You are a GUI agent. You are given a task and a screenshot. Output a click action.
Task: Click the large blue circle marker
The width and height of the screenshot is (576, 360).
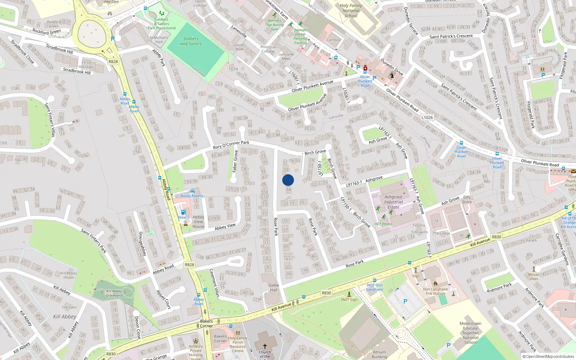pos(288,180)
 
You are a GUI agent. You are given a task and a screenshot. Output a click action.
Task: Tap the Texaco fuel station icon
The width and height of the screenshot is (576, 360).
pos(183,212)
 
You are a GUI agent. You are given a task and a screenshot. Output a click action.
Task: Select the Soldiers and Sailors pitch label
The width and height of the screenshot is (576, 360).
pos(191,41)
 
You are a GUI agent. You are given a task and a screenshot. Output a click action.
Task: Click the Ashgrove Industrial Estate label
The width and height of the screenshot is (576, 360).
pos(393,202)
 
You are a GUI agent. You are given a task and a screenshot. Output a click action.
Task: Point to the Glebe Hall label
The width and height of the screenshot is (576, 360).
pos(274,287)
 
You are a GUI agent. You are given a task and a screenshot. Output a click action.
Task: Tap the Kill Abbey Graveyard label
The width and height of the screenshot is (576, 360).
pos(114,293)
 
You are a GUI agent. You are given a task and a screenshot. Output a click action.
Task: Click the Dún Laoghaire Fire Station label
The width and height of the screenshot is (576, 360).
pos(436,291)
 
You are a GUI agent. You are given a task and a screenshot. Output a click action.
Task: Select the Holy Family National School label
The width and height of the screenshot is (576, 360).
pos(351,10)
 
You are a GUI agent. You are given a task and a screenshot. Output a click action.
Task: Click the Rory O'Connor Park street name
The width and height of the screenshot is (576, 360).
pos(231,145)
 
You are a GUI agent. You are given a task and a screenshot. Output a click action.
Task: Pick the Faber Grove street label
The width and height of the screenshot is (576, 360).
pos(235,161)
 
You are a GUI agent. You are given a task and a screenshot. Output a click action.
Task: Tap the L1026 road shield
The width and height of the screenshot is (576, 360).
pos(427,117)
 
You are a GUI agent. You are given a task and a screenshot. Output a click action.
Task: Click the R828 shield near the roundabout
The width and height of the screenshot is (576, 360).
pos(113,62)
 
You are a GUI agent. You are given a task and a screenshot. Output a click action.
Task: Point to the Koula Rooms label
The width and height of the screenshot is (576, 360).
pos(192,196)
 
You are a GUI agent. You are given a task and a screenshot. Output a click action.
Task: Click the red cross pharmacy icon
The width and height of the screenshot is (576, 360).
pos(365,68)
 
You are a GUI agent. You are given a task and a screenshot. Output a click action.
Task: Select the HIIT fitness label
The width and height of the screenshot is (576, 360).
pos(383,224)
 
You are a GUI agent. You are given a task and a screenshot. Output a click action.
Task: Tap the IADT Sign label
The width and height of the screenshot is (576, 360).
pos(349,300)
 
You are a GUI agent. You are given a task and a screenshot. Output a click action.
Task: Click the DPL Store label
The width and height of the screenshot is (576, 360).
pos(467,199)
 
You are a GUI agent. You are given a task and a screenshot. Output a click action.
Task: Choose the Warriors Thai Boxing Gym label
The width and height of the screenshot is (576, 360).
pos(274,25)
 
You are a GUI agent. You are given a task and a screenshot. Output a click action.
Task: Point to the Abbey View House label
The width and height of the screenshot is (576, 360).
pos(198,222)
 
